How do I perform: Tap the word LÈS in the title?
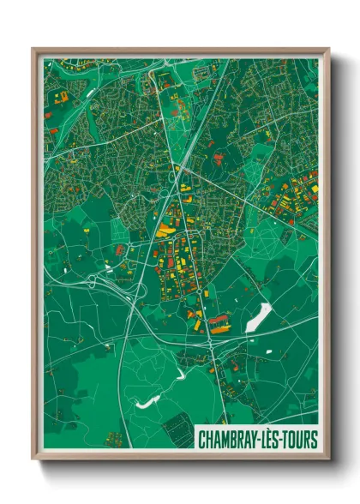click(x=273, y=440)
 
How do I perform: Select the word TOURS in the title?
click(x=301, y=440)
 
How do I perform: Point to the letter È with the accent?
click(x=273, y=439)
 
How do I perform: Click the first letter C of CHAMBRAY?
click(x=201, y=440)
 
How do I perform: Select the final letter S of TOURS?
click(x=314, y=440)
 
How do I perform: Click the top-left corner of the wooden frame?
click(x=33, y=49)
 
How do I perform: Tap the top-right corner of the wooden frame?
click(x=328, y=49)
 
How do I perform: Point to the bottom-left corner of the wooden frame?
click(x=33, y=459)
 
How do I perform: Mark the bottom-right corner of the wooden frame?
click(x=328, y=459)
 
